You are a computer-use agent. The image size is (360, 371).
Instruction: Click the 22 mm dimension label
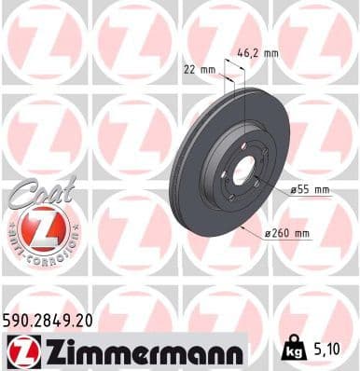pos(201,69)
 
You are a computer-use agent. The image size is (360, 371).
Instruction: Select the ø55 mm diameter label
pos(312,189)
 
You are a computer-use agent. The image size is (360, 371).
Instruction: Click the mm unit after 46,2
pos(270,53)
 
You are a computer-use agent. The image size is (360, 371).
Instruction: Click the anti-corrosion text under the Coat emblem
pos(43,250)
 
